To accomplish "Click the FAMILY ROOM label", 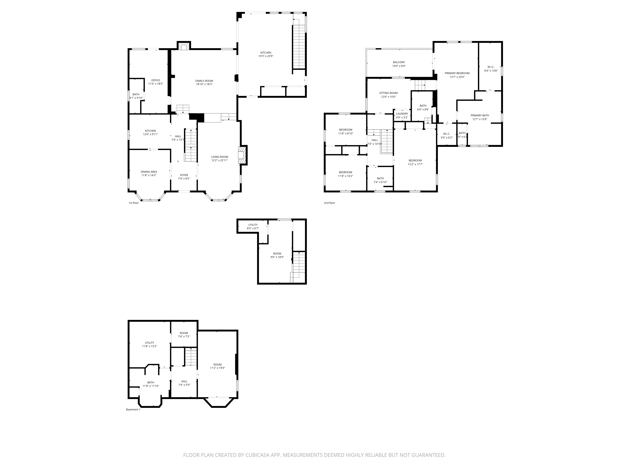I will click(204, 81).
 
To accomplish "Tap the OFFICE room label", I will click(156, 80).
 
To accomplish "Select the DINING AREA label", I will click(149, 172).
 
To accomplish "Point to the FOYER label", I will click(184, 175).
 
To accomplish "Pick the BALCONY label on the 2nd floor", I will click(399, 62).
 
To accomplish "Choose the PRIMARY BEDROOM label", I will click(457, 73).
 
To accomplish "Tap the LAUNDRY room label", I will click(402, 114).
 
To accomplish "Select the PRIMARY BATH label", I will click(480, 116).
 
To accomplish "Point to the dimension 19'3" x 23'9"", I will click(266, 56).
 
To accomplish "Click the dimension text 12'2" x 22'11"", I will click(220, 160).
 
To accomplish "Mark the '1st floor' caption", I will click(134, 203).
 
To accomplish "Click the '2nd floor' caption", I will click(330, 203).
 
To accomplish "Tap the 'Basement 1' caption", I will click(133, 409).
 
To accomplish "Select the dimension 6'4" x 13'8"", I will click(491, 71).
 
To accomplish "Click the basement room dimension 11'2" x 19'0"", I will click(217, 368).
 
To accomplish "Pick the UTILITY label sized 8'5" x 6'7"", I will click(253, 225).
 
